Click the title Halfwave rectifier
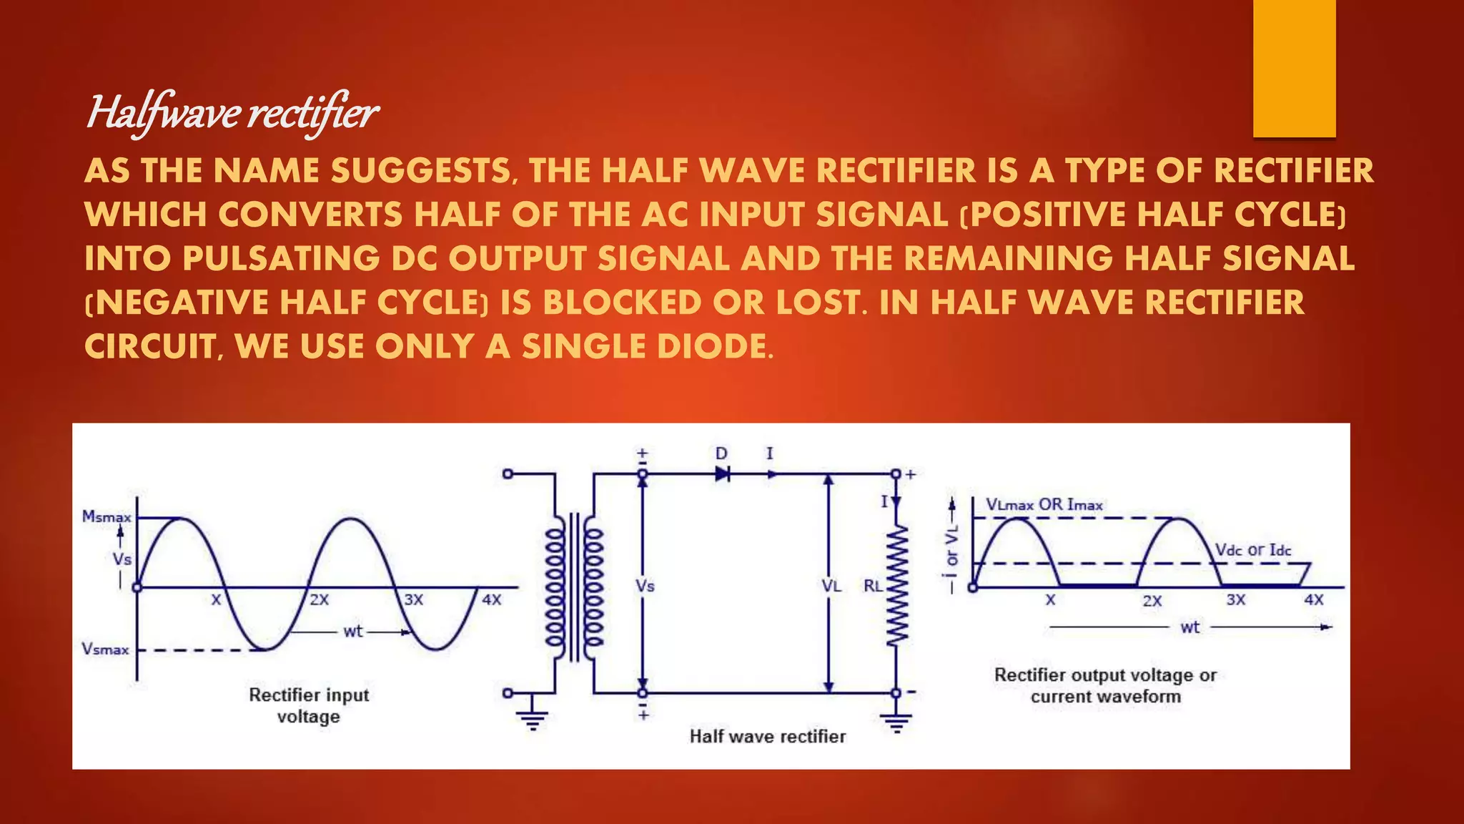(x=232, y=113)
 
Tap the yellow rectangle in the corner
(x=1294, y=68)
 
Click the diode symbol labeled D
(x=722, y=474)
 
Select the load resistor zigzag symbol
(x=896, y=587)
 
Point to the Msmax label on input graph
(x=107, y=516)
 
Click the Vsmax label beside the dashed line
(x=105, y=649)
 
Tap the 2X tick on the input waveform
(x=319, y=599)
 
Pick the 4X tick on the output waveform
(x=1314, y=599)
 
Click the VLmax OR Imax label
(x=1044, y=504)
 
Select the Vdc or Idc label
(x=1253, y=549)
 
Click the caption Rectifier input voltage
(x=309, y=705)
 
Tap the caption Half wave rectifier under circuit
(x=767, y=736)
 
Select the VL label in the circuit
(x=831, y=586)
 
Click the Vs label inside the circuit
(x=645, y=586)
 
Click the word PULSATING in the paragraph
(x=281, y=258)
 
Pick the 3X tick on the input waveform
(x=414, y=599)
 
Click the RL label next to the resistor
(x=873, y=586)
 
